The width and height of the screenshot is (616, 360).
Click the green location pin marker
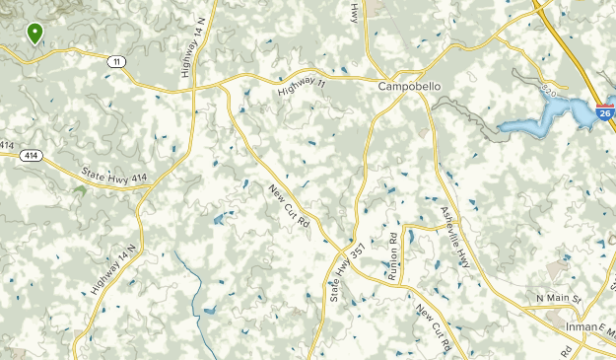tap(35, 33)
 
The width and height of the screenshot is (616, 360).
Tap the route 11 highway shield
tap(117, 62)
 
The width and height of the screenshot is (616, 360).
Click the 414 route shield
tap(33, 156)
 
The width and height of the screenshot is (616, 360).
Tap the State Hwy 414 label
tap(113, 174)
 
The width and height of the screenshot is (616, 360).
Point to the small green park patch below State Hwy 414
tap(79, 188)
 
